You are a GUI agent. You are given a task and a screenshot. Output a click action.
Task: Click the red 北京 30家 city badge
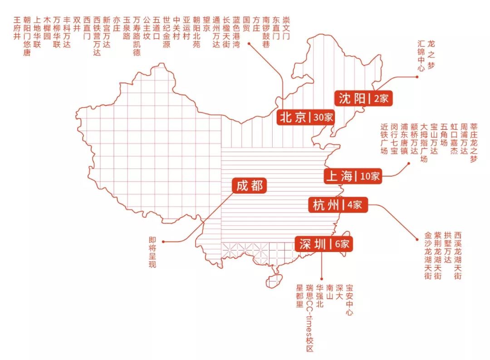(x=306, y=117)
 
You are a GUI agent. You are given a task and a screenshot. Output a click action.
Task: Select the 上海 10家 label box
(x=353, y=176)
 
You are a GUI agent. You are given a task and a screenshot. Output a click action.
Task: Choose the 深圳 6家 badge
(x=323, y=244)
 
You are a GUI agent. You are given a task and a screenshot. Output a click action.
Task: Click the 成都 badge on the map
(x=249, y=185)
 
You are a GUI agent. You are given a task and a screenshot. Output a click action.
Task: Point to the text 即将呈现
(x=152, y=252)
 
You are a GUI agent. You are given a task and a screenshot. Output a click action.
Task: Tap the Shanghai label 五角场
(x=444, y=134)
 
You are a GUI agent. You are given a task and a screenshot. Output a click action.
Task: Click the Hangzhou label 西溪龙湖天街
(x=458, y=255)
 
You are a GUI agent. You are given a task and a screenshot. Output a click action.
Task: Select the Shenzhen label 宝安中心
(x=349, y=300)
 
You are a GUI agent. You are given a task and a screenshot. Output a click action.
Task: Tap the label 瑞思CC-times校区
(x=309, y=318)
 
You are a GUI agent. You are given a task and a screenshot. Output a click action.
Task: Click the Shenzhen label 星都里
(x=299, y=296)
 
